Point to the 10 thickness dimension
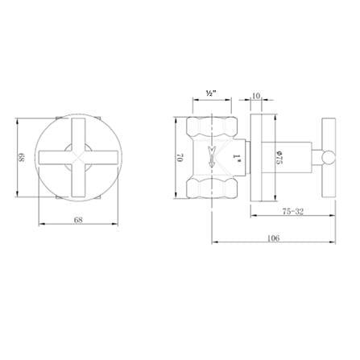(256, 95)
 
